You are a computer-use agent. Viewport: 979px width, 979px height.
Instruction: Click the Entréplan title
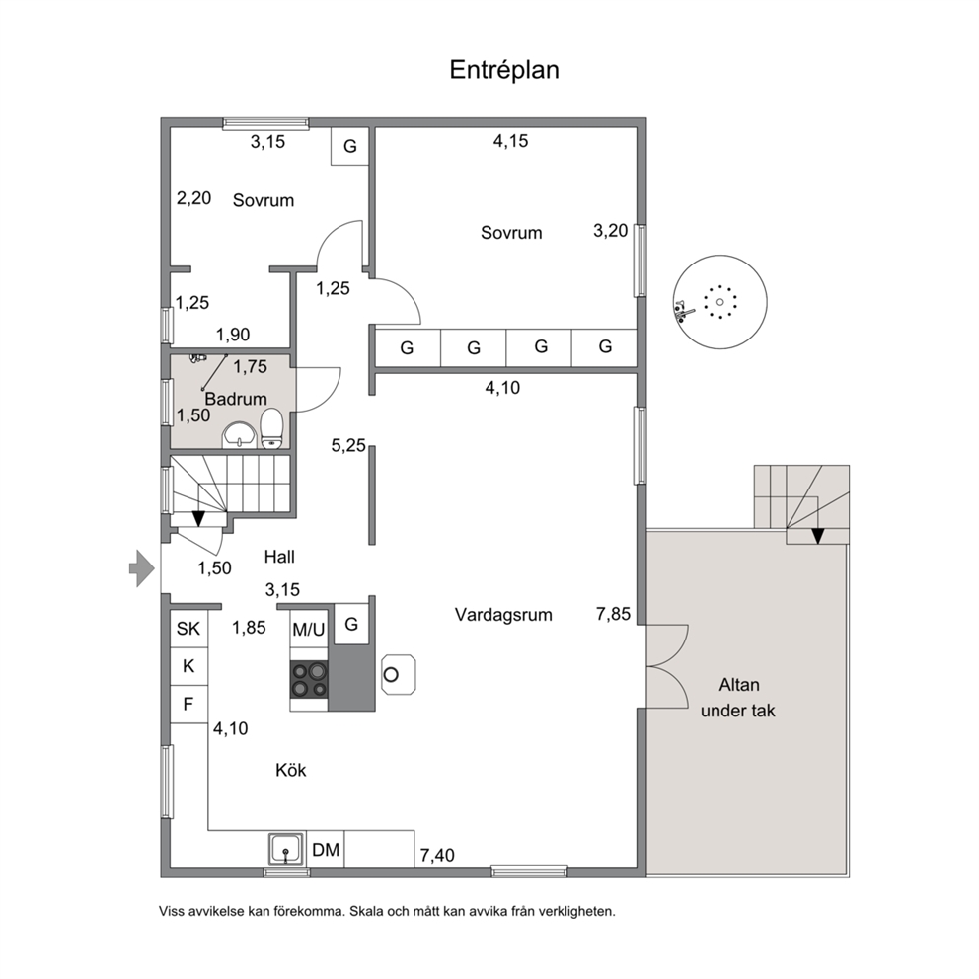point(504,70)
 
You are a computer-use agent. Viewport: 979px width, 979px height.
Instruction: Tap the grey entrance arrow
point(142,568)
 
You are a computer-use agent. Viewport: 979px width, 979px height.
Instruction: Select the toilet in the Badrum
point(271,428)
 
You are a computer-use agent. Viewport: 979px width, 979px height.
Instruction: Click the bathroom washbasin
point(239,434)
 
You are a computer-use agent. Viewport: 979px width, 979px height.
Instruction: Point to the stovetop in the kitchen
point(309,680)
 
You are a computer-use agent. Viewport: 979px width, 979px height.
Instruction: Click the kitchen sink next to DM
point(286,849)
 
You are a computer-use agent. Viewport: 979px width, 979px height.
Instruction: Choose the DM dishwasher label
point(326,850)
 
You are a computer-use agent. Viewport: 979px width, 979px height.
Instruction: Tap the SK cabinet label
point(188,628)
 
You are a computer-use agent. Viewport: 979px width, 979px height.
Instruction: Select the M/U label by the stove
point(309,630)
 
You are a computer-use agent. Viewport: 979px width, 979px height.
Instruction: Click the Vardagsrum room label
point(503,615)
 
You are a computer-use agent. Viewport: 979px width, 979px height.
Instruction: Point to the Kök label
point(291,770)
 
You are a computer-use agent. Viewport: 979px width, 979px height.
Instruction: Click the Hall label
point(279,557)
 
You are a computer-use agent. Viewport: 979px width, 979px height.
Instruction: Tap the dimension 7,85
point(613,615)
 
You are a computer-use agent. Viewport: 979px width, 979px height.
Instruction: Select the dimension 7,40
point(437,855)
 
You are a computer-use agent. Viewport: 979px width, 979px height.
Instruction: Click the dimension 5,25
point(348,445)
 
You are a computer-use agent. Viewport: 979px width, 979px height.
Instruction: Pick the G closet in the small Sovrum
point(349,146)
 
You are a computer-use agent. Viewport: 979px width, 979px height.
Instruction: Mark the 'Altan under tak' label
point(738,698)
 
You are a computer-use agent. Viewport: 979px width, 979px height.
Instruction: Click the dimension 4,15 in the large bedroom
point(511,141)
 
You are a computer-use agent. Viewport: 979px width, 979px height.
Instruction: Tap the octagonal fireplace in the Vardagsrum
point(399,674)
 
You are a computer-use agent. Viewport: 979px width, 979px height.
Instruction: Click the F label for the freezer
point(188,705)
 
